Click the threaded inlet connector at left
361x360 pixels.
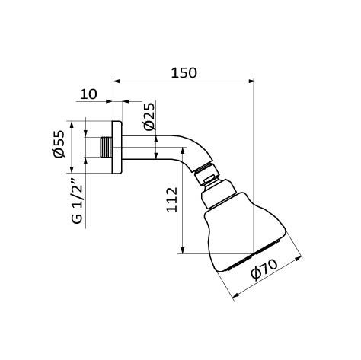[x=105, y=146]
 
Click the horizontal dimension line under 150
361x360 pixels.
[x=183, y=80]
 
